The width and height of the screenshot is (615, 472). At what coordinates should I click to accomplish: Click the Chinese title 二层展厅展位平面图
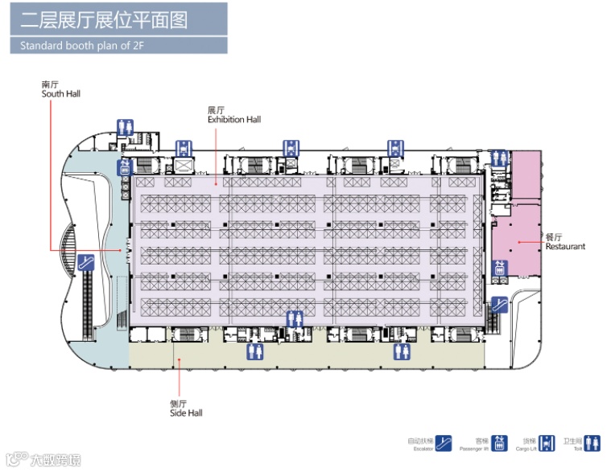tap(104, 19)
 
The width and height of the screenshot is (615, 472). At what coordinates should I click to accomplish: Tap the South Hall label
tap(61, 94)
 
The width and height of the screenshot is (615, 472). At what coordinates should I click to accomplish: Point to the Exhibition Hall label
tap(234, 120)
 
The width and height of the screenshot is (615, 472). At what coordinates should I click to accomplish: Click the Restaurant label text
tap(565, 246)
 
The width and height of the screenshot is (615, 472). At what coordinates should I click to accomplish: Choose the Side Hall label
tap(186, 413)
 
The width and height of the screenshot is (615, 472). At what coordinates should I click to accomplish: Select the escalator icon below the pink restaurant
tap(500, 304)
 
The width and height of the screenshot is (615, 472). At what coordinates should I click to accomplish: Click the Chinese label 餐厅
tap(554, 236)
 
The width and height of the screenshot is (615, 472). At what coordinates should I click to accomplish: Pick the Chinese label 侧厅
tap(178, 404)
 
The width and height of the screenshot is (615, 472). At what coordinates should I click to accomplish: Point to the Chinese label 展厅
tap(216, 110)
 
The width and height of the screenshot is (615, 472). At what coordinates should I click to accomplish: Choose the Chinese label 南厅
tap(50, 84)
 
